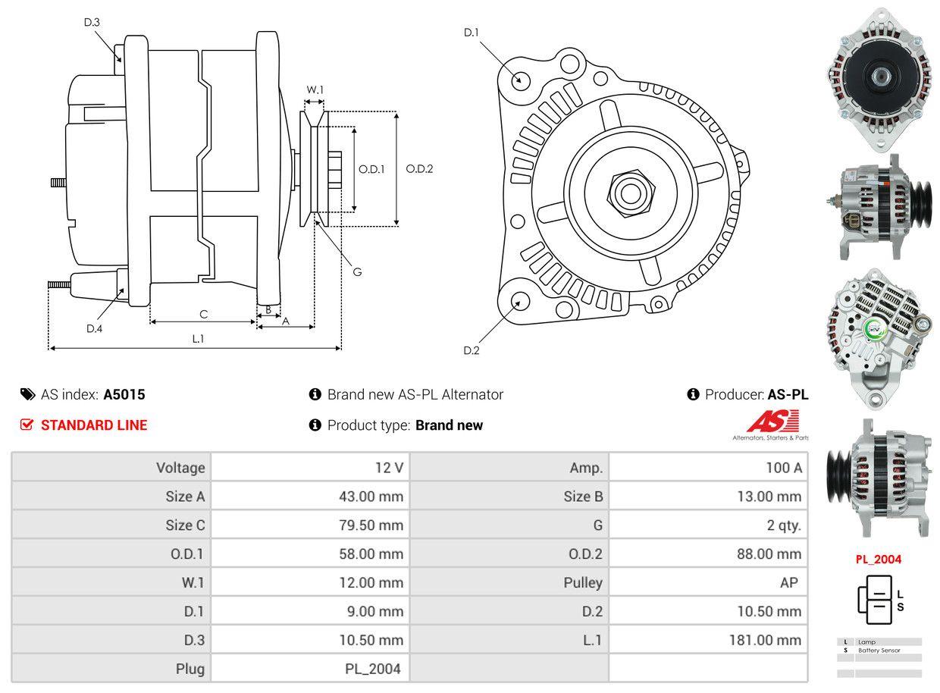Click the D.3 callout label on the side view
tap(92, 22)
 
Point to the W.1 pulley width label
tap(315, 89)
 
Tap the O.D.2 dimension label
tap(419, 169)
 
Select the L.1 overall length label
tap(198, 339)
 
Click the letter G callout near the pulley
tap(357, 271)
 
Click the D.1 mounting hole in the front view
tap(521, 80)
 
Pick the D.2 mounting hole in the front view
tap(519, 301)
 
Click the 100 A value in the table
tap(783, 468)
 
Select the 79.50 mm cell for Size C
tap(371, 525)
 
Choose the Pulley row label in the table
tap(583, 582)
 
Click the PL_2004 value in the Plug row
tap(371, 669)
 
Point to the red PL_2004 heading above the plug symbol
tap(879, 560)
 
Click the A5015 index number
tap(124, 394)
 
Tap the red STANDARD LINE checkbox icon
tap(27, 425)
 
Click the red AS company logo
tap(772, 421)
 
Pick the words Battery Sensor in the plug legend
tap(879, 651)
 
